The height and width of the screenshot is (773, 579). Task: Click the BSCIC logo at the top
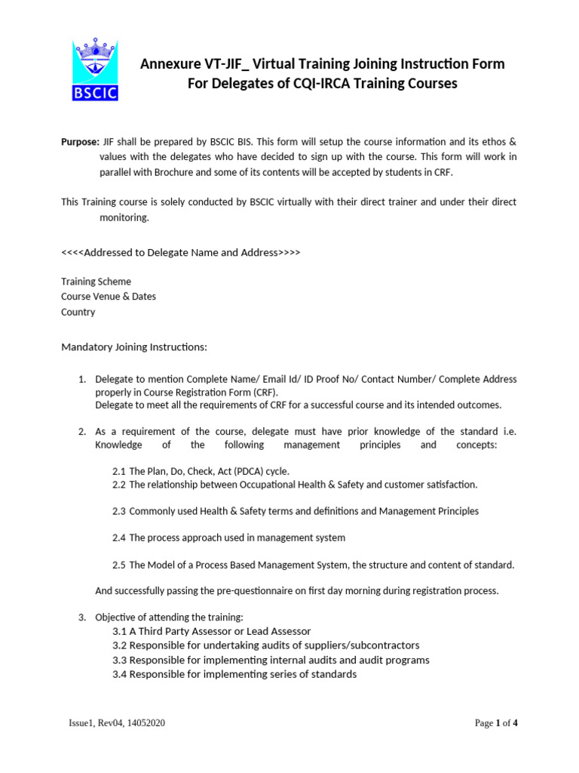(95, 70)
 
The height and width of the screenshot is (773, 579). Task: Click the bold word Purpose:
(80, 142)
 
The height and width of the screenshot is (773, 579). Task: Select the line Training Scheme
(96, 282)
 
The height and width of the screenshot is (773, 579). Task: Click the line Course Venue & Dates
(109, 297)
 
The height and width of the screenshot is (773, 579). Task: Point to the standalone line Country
(78, 312)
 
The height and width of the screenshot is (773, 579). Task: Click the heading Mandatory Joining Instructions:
(133, 347)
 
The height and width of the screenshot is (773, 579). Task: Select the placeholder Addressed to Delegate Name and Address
(180, 252)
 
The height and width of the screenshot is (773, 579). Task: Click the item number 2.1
(119, 471)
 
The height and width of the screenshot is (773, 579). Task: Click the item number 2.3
(119, 511)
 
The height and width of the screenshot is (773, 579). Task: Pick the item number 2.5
(119, 565)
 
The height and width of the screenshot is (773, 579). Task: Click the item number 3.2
(119, 645)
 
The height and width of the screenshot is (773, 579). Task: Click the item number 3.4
(119, 674)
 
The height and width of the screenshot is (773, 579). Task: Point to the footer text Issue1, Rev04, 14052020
(117, 723)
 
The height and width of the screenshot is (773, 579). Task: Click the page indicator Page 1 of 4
(496, 723)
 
